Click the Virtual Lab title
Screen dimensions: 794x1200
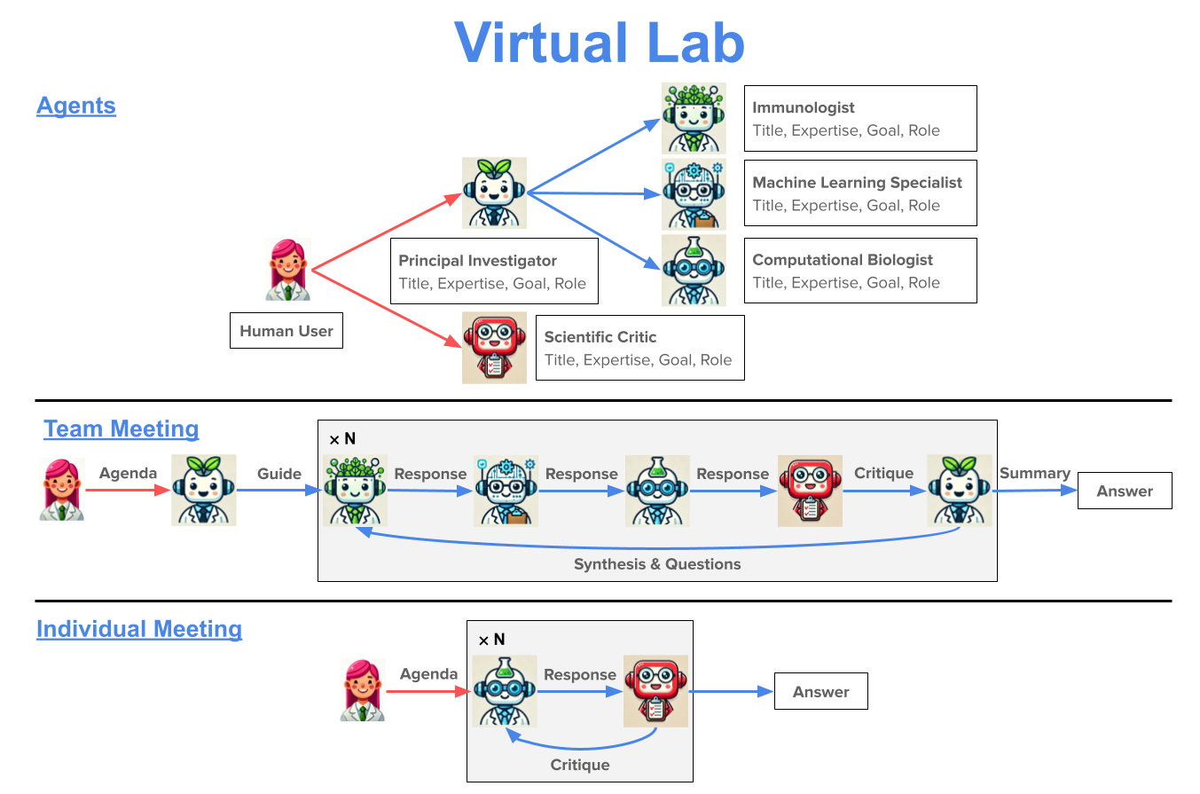(x=600, y=42)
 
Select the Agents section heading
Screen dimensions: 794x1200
(x=76, y=106)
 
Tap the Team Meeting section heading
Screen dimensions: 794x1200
(x=122, y=429)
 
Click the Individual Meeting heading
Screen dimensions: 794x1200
(x=139, y=629)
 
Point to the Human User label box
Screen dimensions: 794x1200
(x=286, y=331)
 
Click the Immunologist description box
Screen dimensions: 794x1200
(x=859, y=118)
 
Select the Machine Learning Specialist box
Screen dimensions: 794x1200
(x=859, y=193)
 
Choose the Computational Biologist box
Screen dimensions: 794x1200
(x=859, y=271)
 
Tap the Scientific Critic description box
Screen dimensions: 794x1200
(x=639, y=348)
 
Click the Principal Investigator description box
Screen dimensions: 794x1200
(x=493, y=271)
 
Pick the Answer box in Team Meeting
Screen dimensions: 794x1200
(x=1124, y=491)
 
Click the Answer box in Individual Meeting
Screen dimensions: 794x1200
(x=820, y=692)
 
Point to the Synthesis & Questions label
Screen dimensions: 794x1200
(x=656, y=564)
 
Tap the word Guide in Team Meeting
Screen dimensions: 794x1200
(x=278, y=474)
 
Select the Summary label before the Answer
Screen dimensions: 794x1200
(x=1034, y=474)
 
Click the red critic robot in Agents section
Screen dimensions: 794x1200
(x=494, y=348)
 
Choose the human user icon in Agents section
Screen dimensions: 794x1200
(x=287, y=270)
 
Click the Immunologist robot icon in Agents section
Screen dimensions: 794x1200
(x=694, y=118)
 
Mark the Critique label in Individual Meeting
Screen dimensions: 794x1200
(x=580, y=765)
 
